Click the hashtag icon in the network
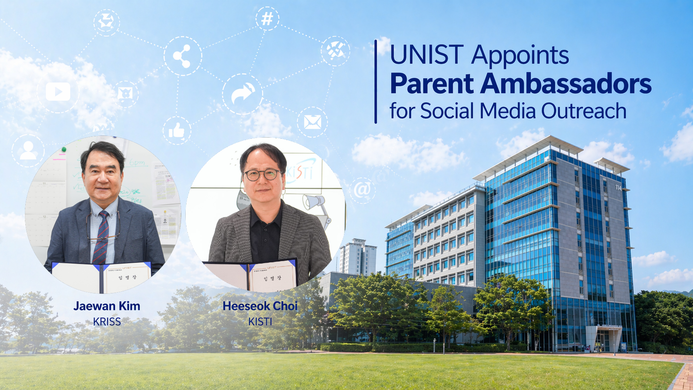(x=267, y=19)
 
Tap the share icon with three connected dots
(x=182, y=56)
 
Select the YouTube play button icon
(x=58, y=92)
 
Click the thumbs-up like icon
(x=177, y=131)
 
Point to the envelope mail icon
(x=313, y=122)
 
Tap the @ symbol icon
(x=362, y=190)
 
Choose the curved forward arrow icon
(x=243, y=93)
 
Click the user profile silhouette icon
(x=28, y=150)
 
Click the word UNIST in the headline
(x=426, y=55)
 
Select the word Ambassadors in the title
(x=566, y=84)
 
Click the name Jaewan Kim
(x=107, y=306)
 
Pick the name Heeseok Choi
(x=260, y=306)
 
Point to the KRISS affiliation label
(x=107, y=322)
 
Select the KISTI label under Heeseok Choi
(x=260, y=322)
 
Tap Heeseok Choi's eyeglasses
(x=262, y=175)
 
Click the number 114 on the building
(x=618, y=188)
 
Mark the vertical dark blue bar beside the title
(x=376, y=82)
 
